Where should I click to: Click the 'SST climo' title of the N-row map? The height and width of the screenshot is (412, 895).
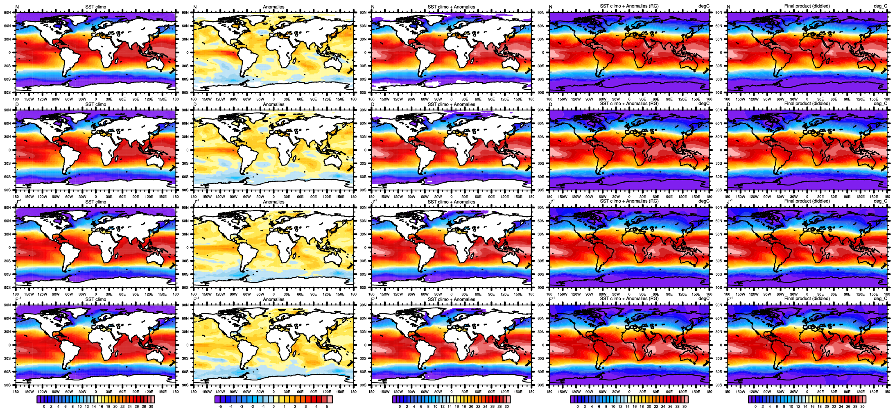[x=95, y=7]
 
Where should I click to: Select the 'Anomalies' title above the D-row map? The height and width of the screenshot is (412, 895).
[x=273, y=104]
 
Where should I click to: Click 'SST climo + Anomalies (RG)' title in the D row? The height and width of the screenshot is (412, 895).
[x=629, y=104]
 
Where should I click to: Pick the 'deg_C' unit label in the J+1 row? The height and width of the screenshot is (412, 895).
[x=880, y=201]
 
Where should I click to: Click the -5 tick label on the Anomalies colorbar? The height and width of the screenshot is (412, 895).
[x=220, y=407]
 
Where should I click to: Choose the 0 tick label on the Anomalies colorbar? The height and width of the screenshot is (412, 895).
[x=273, y=407]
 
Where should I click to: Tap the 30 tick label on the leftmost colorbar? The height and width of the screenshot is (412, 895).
[x=151, y=407]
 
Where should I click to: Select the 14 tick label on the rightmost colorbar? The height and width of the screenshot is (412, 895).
[x=805, y=407]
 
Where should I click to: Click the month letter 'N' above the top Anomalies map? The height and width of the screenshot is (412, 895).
[x=195, y=7]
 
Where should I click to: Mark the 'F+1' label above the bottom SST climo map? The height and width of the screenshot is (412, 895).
[x=18, y=299]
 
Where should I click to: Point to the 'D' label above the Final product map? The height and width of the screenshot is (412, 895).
[x=729, y=104]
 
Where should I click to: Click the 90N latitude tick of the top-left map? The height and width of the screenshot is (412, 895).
[x=7, y=13]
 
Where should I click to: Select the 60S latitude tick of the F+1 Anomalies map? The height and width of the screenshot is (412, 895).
[x=185, y=372]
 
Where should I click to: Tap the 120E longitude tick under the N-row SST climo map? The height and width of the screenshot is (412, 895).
[x=149, y=99]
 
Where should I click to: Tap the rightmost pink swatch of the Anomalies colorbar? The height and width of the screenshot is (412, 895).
[x=330, y=399]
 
